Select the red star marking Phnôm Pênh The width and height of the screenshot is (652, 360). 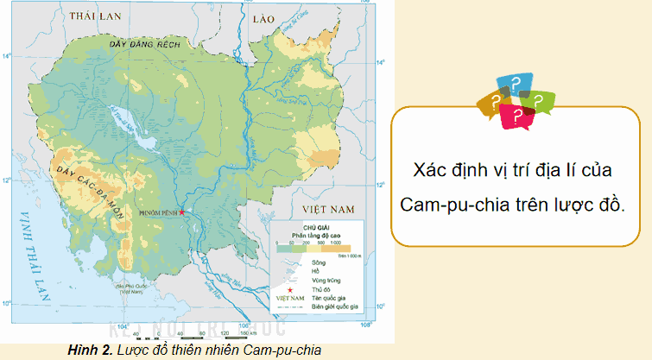(x=182, y=212)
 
